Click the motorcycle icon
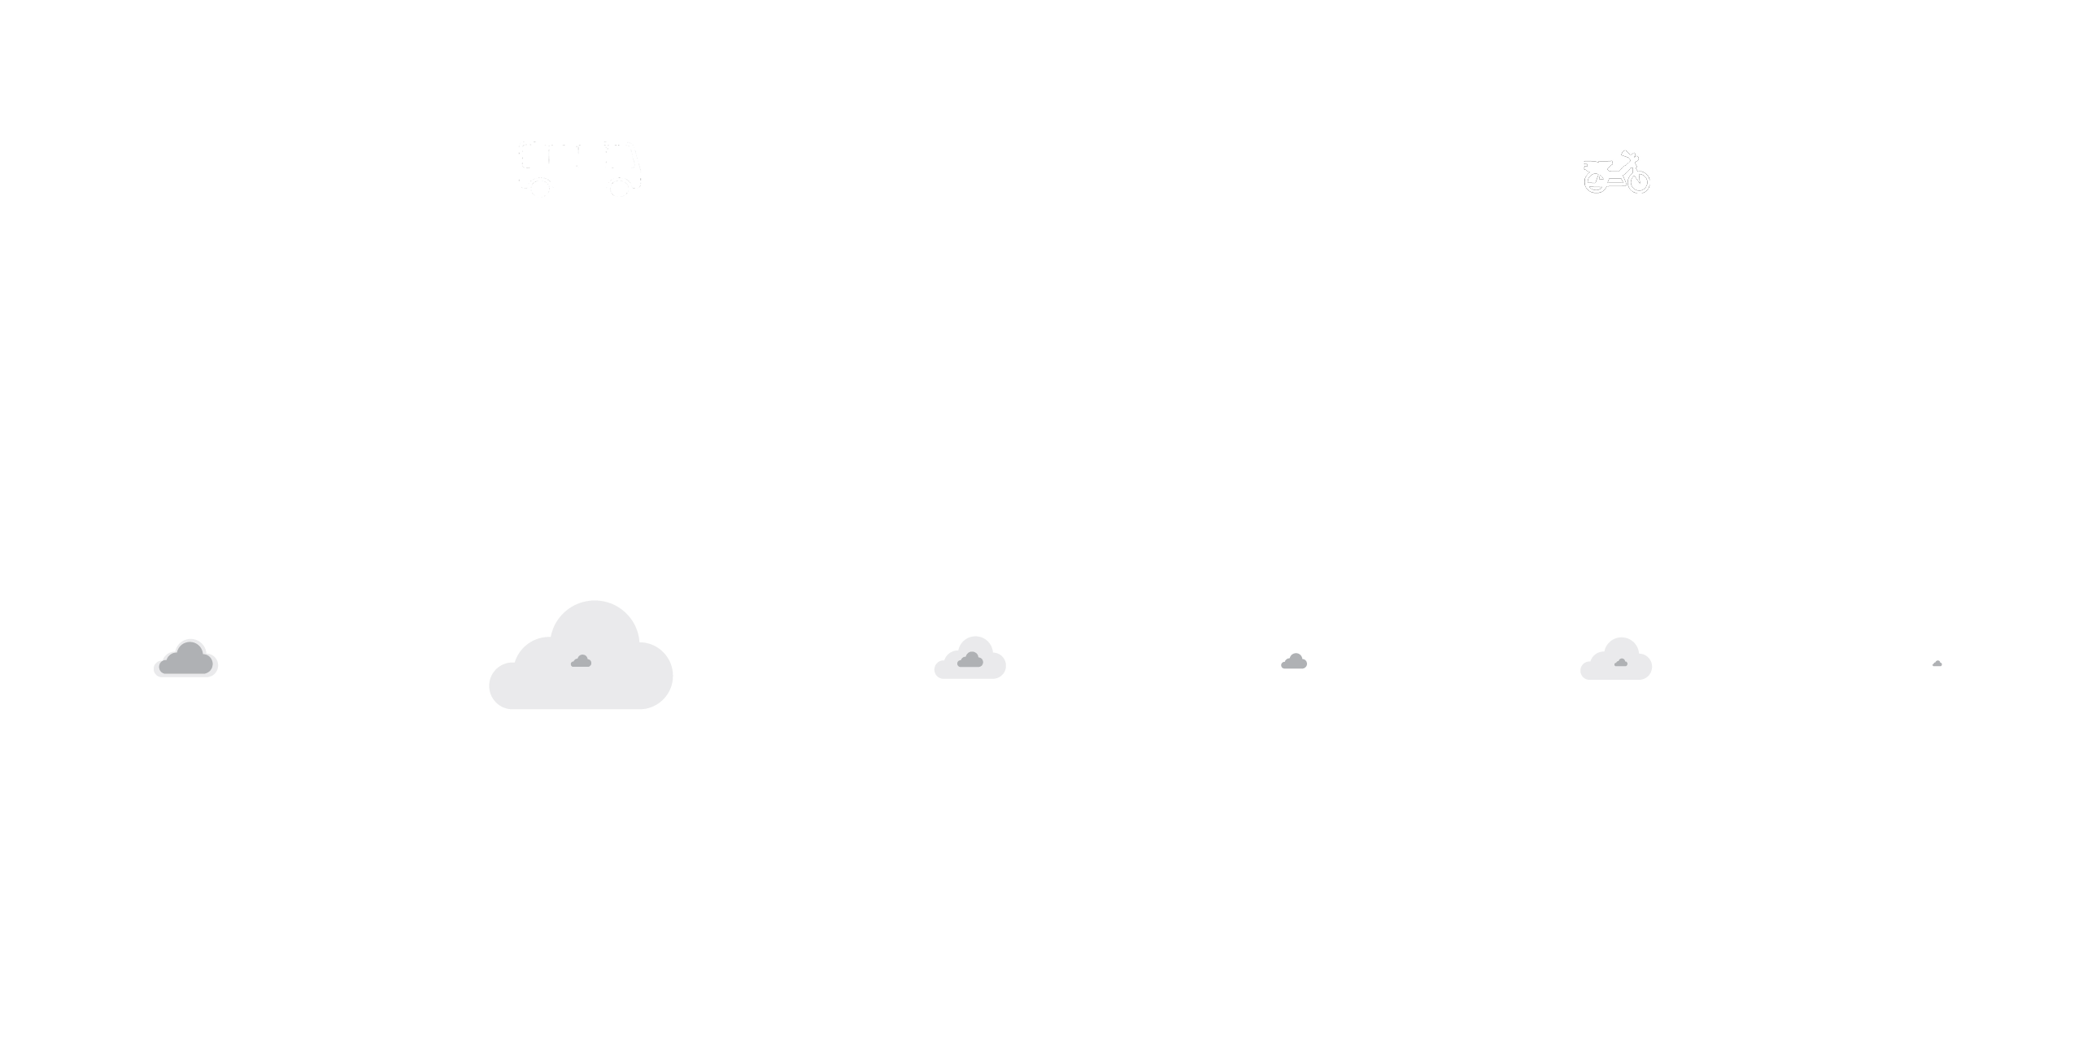pos(1616,173)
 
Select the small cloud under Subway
pos(1294,662)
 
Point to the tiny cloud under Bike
pos(1937,664)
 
